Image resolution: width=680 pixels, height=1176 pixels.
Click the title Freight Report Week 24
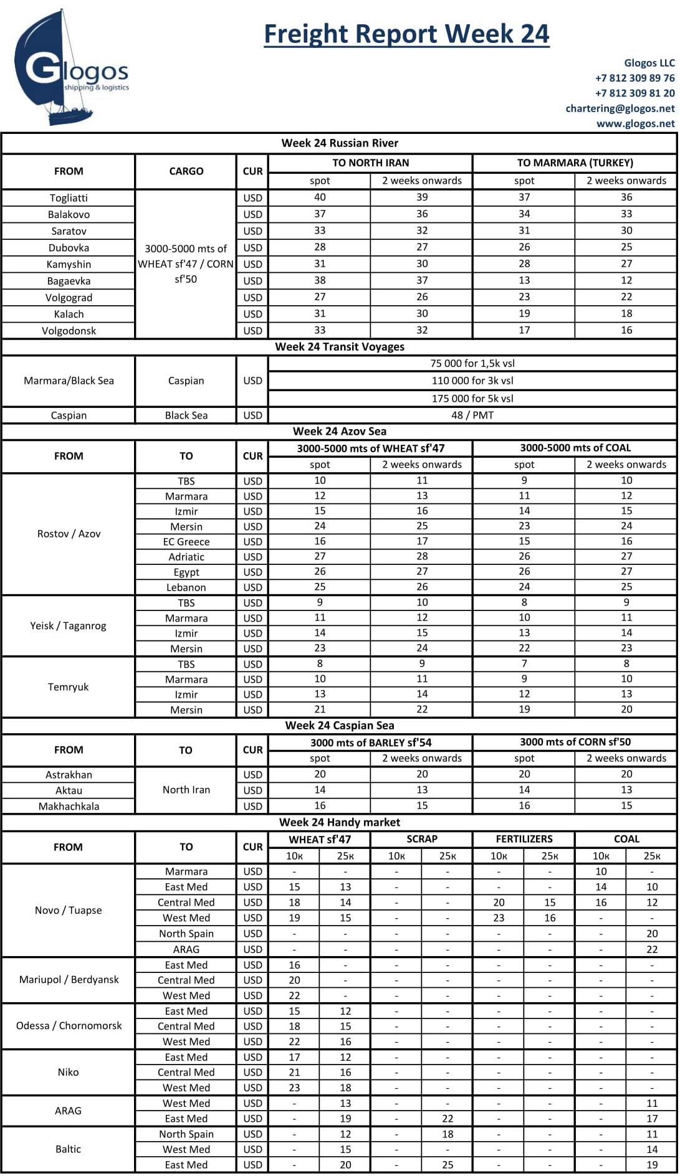406,34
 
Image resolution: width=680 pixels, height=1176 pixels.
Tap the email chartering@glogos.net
620,108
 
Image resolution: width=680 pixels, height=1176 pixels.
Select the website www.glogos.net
635,123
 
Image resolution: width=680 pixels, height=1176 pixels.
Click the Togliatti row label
69,198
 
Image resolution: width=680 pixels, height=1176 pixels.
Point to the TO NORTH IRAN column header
371,163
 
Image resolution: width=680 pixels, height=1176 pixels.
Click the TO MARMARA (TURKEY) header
575,163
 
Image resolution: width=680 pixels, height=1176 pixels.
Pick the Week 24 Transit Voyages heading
340,347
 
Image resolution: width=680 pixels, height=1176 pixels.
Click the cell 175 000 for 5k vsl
472,399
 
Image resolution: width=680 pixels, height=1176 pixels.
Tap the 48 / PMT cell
472,415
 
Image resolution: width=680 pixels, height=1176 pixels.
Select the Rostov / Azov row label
69,534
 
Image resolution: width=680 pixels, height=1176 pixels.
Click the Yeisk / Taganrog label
69,625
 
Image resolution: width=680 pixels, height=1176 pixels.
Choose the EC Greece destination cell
186,542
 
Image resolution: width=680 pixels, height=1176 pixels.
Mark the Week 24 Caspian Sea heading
340,726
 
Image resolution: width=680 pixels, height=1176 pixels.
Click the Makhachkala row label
69,806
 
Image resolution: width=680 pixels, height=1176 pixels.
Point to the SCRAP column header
422,839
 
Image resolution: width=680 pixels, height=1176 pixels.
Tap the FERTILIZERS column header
524,839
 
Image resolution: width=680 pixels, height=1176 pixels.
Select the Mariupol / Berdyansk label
69,980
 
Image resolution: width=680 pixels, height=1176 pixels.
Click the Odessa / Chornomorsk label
69,1026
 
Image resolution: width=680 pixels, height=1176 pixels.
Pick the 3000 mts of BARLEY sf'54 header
371,742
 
